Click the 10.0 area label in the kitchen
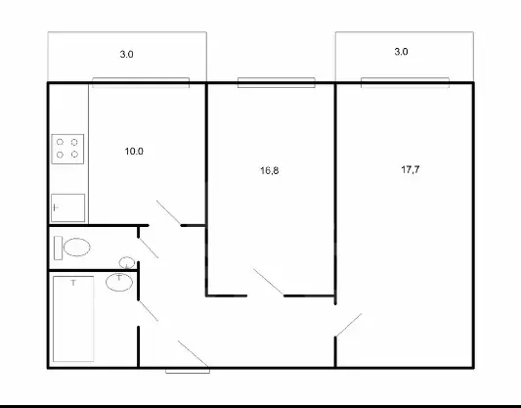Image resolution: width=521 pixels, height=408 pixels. point(134,152)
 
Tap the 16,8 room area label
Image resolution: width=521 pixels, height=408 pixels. point(269,170)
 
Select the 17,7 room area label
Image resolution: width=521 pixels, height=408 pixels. point(411,169)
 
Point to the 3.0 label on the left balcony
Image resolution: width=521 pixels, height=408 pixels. point(127,54)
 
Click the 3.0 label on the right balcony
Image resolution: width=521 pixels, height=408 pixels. point(401,52)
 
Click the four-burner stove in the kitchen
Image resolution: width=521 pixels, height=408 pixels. point(67,149)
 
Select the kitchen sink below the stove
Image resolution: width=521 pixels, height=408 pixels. point(67,207)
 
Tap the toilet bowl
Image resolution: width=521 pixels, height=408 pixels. point(77,248)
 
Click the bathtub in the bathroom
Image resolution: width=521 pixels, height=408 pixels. point(73,319)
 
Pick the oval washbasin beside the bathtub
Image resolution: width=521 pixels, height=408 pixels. point(119,283)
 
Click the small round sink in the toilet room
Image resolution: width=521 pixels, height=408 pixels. point(127,262)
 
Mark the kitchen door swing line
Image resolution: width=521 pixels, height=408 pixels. point(169,213)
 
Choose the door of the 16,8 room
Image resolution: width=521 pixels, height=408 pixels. point(269,282)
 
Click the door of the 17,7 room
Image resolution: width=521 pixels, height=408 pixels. point(349,325)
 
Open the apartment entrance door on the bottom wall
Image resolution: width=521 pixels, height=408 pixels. point(194,354)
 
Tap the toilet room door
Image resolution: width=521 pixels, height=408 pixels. point(149,248)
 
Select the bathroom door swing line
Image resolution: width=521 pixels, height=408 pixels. point(149,311)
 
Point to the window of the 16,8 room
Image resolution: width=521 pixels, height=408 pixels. point(277,82)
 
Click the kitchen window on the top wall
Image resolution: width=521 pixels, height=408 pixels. point(141,82)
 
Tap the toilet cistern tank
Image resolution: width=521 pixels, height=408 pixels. point(58,248)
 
